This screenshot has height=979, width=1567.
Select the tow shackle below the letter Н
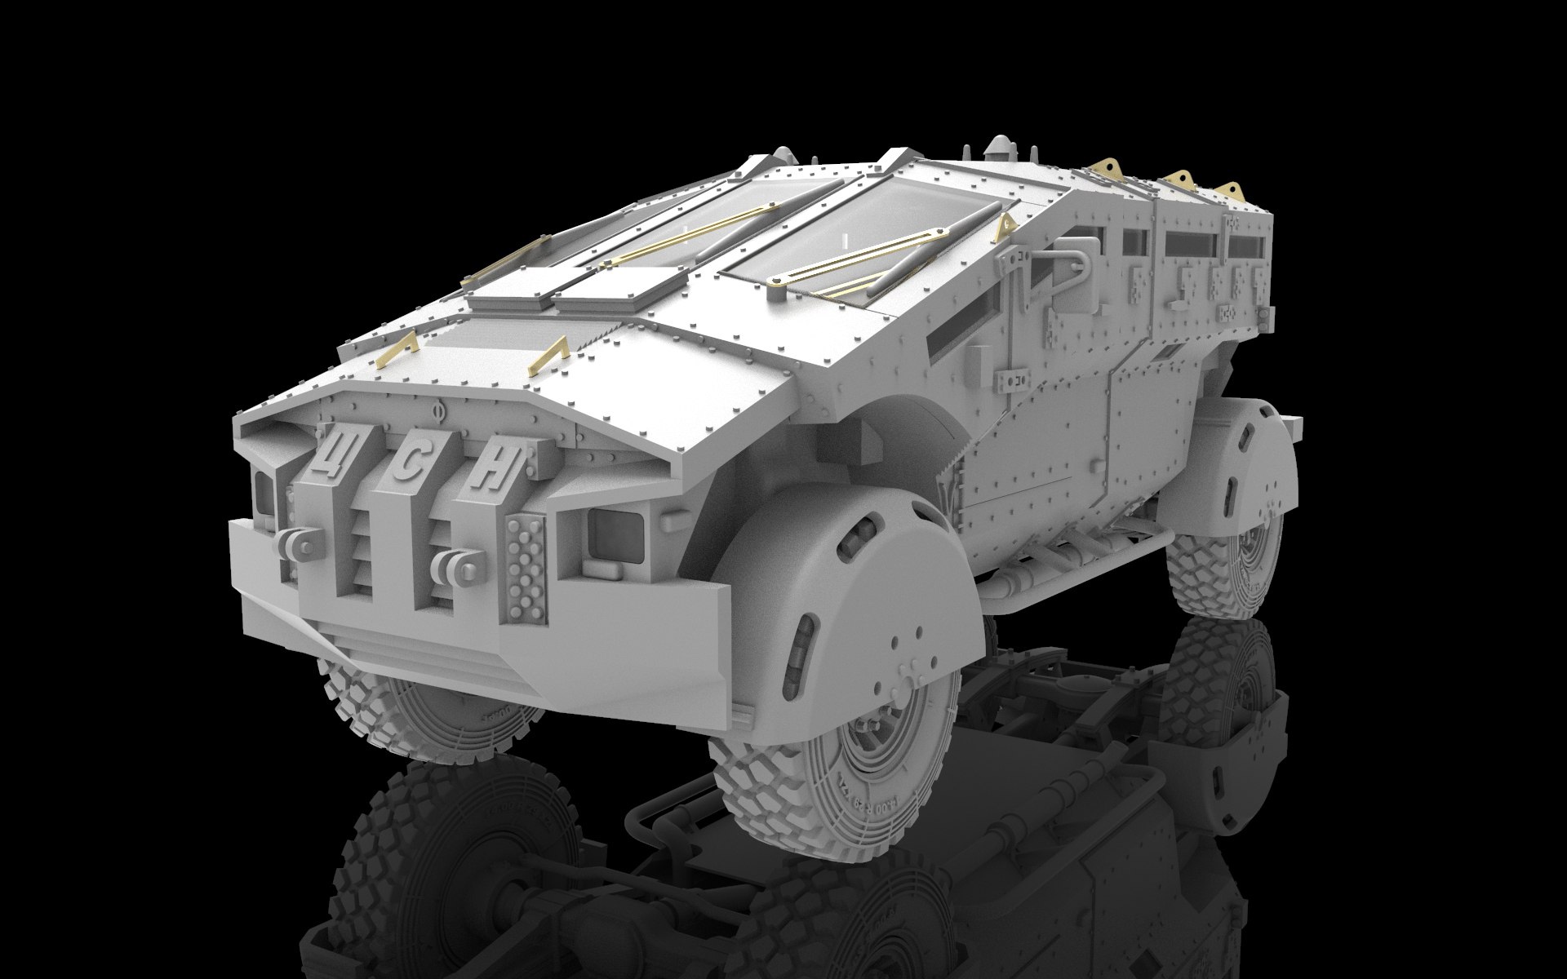tap(454, 563)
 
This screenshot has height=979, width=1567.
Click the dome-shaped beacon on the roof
tap(997, 152)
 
